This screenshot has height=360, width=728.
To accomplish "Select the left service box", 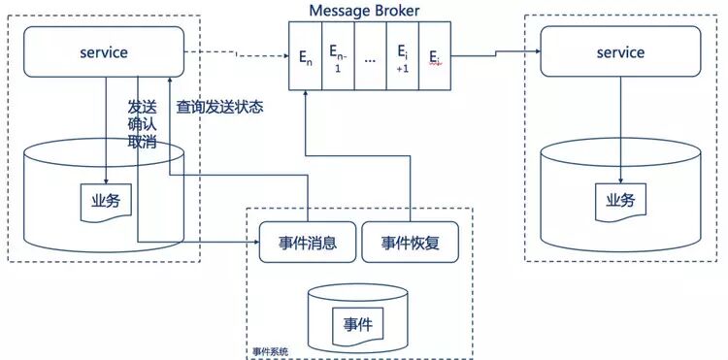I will [104, 52].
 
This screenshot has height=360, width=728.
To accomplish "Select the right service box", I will [620, 52].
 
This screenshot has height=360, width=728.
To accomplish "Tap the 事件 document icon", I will [357, 322].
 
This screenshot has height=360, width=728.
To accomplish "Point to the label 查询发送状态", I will [219, 107].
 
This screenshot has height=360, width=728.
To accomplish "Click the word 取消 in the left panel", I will [142, 144].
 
